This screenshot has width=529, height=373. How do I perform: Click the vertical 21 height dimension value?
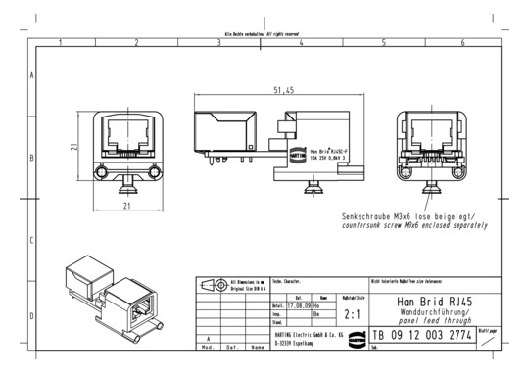(x=73, y=146)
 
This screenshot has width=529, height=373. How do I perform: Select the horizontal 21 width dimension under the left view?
(x=127, y=207)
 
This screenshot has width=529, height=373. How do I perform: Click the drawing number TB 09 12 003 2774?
(x=422, y=336)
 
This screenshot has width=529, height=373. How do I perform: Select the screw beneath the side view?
(x=313, y=184)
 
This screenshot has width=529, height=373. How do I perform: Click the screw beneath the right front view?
(x=432, y=184)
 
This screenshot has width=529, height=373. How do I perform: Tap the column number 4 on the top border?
(x=301, y=44)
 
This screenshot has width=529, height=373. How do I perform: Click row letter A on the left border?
(x=33, y=76)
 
